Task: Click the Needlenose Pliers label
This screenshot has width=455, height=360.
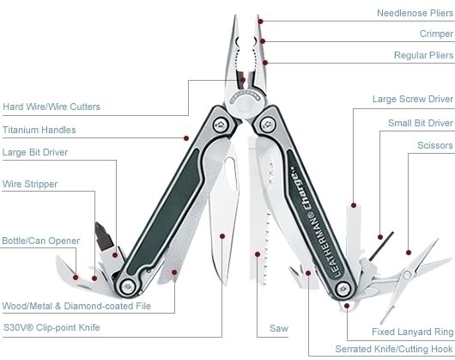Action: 415,13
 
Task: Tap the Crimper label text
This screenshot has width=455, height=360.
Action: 436,34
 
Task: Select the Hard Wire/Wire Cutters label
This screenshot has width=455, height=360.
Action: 52,107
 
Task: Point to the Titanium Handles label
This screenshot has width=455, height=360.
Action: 39,130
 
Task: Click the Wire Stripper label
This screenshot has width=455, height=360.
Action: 30,184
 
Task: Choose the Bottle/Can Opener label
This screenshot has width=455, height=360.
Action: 41,241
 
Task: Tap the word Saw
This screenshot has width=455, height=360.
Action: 278,328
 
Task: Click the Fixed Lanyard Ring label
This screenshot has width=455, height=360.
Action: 412,332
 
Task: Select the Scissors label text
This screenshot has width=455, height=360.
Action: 435,145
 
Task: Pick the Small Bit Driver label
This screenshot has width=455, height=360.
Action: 421,123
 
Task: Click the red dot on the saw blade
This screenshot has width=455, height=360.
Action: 258,254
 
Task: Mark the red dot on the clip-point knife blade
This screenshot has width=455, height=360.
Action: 222,236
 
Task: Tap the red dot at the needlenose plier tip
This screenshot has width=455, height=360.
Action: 260,21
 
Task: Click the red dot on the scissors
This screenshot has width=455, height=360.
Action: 409,253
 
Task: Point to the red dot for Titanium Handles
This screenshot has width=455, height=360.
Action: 186,138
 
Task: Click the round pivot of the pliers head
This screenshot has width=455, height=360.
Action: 245,104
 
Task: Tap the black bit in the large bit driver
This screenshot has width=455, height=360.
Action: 103,236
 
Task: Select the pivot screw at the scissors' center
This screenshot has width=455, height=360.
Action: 407,274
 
